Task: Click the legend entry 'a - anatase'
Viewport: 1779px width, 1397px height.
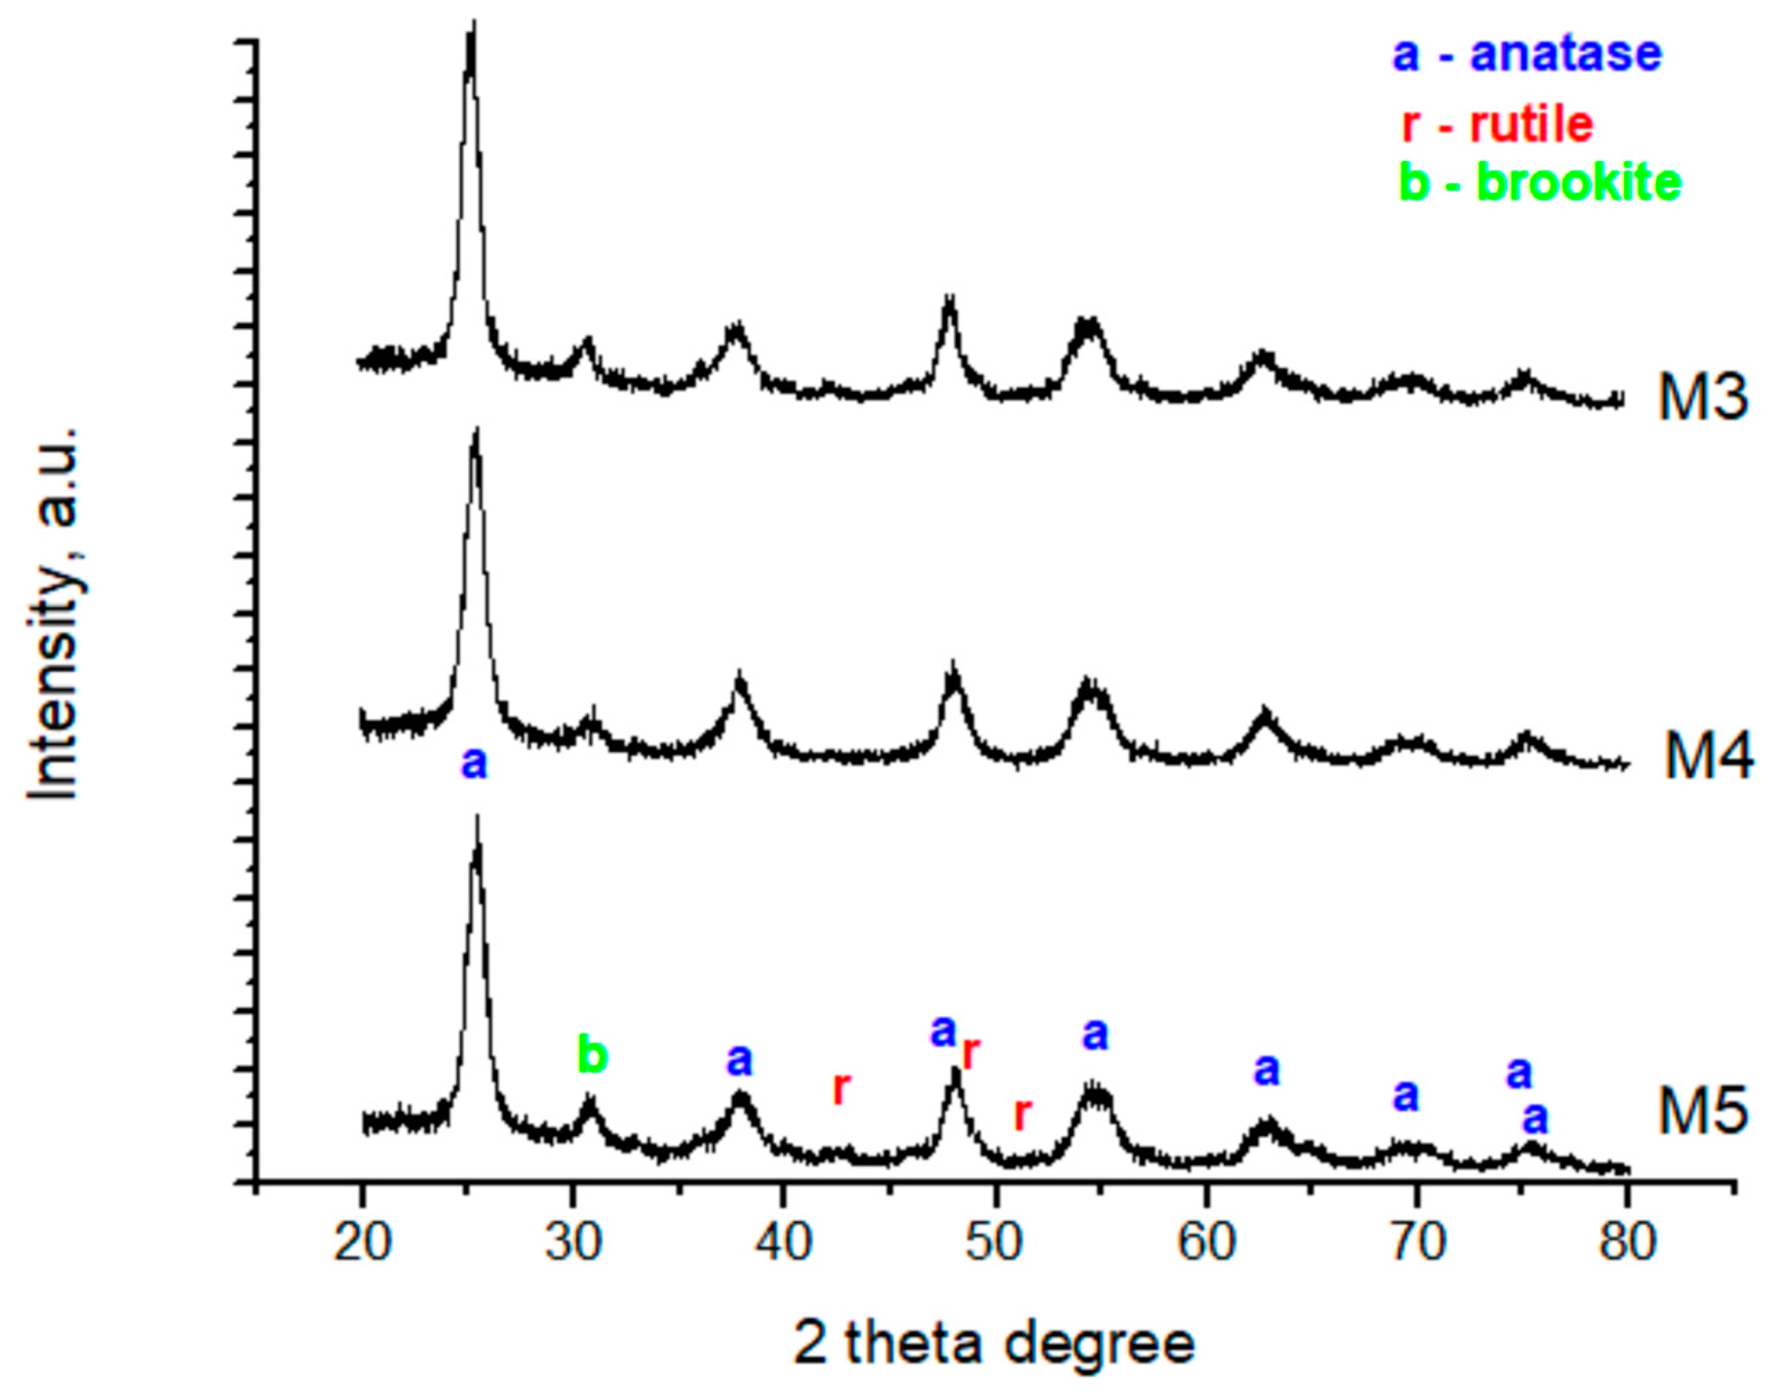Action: coord(1527,54)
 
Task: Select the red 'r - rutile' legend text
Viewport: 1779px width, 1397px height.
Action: coord(1497,124)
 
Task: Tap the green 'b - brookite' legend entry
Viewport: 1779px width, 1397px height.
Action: coord(1540,182)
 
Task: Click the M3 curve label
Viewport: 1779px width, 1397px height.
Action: coord(1704,398)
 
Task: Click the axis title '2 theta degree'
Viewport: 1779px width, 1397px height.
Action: coord(995,1345)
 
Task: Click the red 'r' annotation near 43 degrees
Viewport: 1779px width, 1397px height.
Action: coord(842,1088)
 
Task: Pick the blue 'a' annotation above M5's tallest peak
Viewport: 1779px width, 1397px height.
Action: coord(474,764)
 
